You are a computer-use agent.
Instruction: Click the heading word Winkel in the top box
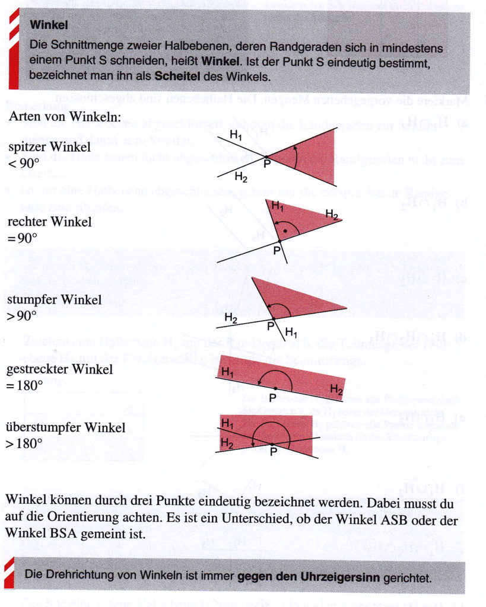tap(49, 25)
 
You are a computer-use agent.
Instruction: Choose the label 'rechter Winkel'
tap(49, 222)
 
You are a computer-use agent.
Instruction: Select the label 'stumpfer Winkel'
tap(54, 299)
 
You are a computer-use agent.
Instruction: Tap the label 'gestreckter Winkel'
tap(59, 370)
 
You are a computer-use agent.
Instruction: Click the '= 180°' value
tap(26, 385)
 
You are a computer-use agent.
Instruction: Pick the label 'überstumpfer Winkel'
tap(66, 427)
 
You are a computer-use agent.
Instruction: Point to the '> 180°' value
tap(26, 443)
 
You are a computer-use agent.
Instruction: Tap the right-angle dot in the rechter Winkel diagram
tap(286, 229)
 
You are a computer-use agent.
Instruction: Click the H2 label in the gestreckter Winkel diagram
tap(336, 390)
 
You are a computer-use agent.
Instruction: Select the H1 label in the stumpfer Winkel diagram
tap(292, 331)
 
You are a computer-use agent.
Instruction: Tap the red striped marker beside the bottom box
tap(10, 571)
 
